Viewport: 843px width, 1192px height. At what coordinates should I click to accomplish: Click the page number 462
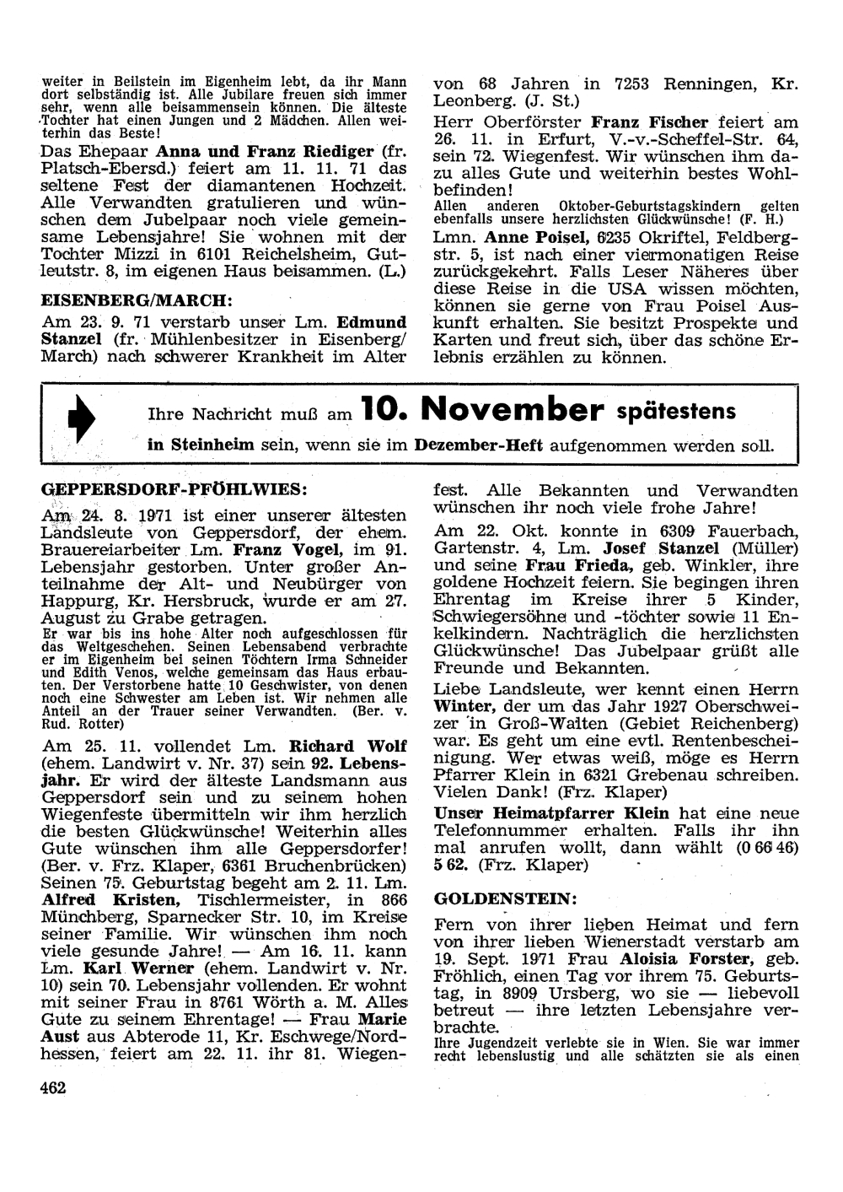click(52, 1087)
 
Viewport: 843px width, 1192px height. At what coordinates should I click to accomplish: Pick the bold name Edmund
click(372, 321)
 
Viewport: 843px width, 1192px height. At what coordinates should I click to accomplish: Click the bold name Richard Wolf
click(347, 746)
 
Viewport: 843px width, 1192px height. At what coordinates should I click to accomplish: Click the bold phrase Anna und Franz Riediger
click(261, 154)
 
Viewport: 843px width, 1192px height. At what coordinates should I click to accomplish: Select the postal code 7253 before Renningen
click(637, 84)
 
